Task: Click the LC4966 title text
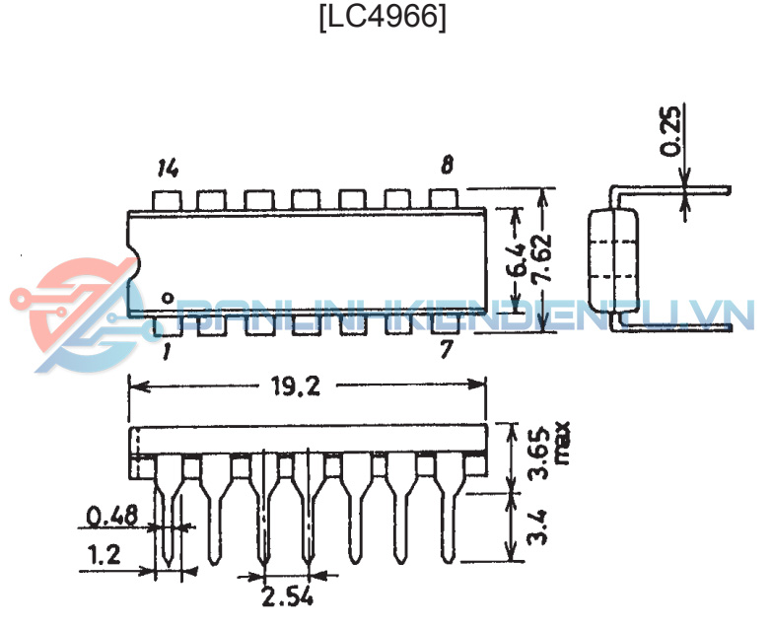(384, 18)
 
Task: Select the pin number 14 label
(168, 169)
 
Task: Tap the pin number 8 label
(447, 165)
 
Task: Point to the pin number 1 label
(167, 351)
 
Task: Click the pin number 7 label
(446, 349)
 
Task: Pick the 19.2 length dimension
(297, 386)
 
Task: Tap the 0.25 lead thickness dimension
(670, 131)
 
